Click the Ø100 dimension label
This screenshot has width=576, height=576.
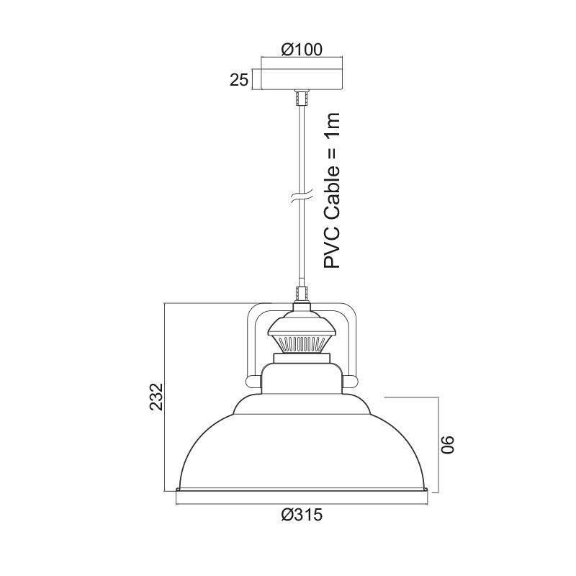pyautogui.click(x=302, y=50)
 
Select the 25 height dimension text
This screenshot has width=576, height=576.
pyautogui.click(x=239, y=80)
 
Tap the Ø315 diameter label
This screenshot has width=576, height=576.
pyautogui.click(x=302, y=515)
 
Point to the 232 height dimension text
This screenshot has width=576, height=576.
pyautogui.click(x=156, y=397)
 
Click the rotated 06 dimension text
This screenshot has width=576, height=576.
pyautogui.click(x=447, y=445)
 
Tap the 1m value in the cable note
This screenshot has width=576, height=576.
pyautogui.click(x=332, y=125)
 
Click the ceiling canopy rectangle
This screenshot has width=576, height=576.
pyautogui.click(x=302, y=78)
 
